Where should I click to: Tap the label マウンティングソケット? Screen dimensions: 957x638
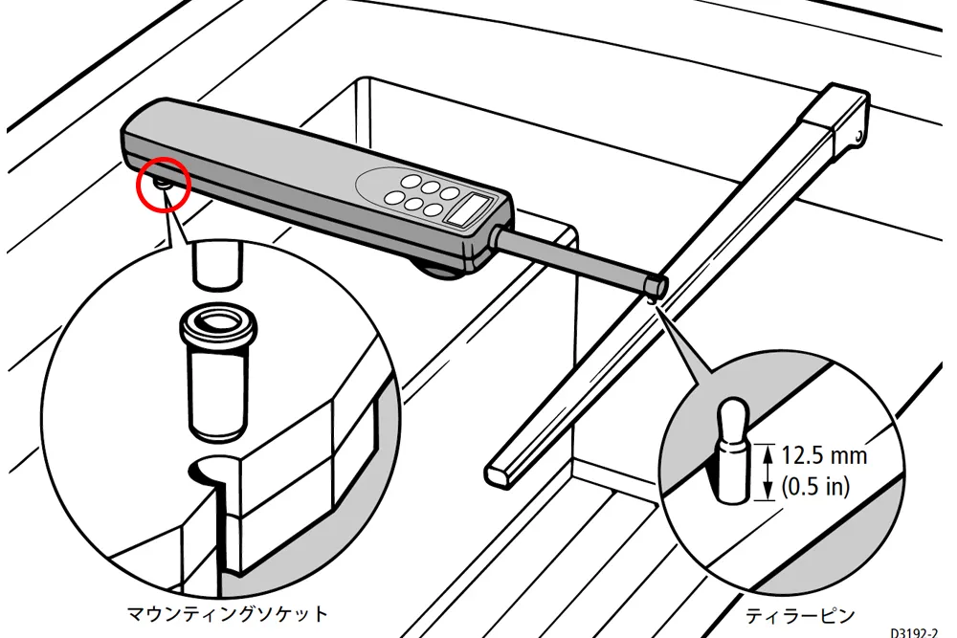point(227,612)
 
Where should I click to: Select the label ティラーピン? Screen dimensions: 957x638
point(799,615)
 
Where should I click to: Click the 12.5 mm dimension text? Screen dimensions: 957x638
point(824,455)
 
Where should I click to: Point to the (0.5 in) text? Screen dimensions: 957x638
point(815,486)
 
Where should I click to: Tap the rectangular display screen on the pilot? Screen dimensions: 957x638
point(472,209)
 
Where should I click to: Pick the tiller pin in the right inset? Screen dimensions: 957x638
point(732,451)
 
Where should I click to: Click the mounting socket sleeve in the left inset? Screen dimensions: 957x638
point(218,372)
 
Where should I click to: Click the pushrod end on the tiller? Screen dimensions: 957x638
point(657,285)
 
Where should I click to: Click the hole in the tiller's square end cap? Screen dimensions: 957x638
point(860,136)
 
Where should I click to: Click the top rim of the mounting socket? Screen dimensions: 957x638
point(218,322)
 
